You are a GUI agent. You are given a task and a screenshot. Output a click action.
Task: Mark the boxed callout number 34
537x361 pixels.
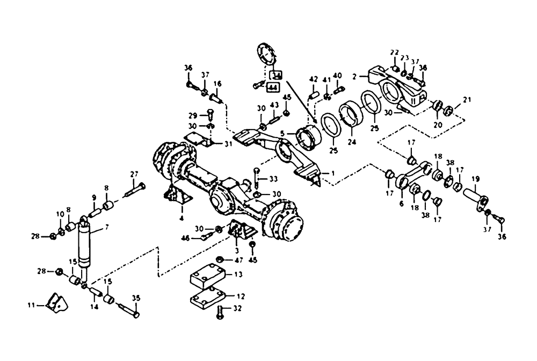(275, 75)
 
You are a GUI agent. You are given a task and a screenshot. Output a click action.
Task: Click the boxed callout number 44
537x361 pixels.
(273, 86)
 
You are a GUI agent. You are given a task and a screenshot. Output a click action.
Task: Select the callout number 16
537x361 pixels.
(217, 84)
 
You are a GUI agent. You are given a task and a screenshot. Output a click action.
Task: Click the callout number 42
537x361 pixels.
(314, 80)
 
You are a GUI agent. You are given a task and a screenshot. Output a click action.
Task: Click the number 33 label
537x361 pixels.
(273, 179)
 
